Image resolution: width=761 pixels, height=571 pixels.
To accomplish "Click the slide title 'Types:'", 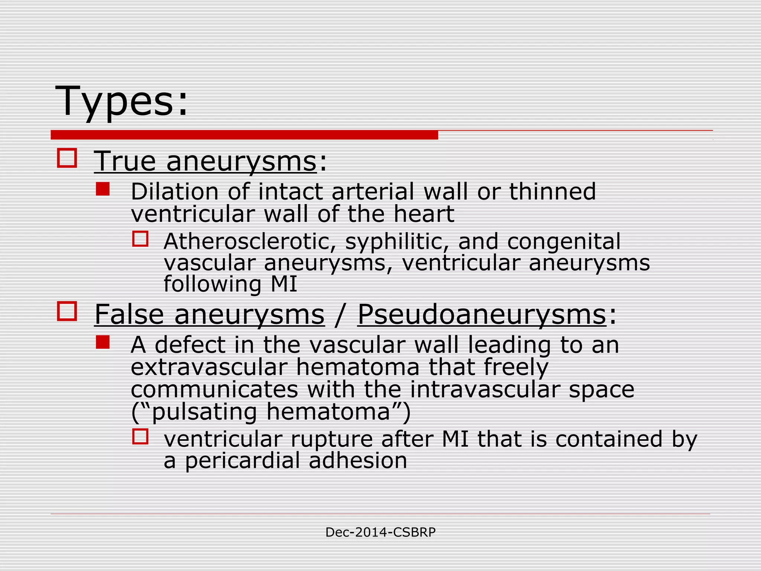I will click(121, 101).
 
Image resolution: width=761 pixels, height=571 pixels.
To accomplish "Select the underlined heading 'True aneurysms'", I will click(205, 162).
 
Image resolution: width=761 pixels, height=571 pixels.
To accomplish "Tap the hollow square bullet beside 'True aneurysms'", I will click(67, 158).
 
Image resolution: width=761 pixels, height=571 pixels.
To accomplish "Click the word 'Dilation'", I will click(175, 192).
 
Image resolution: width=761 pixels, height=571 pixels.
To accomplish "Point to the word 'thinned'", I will click(552, 192).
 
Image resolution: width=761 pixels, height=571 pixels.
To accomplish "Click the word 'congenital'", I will click(564, 242).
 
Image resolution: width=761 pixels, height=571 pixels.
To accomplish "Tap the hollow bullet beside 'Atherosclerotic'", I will click(140, 239).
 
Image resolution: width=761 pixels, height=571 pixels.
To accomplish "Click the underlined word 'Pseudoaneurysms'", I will click(482, 314).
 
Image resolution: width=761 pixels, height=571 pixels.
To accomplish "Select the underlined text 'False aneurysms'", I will click(209, 314).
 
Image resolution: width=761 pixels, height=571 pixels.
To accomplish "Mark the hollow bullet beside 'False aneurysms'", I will click(67, 311).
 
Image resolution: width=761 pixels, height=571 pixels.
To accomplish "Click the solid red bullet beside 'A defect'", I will click(103, 342).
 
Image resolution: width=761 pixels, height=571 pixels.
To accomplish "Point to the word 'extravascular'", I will click(209, 367).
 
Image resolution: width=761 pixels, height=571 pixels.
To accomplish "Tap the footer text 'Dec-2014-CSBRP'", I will click(380, 532).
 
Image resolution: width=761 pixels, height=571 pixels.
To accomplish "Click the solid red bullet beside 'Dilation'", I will click(103, 189).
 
